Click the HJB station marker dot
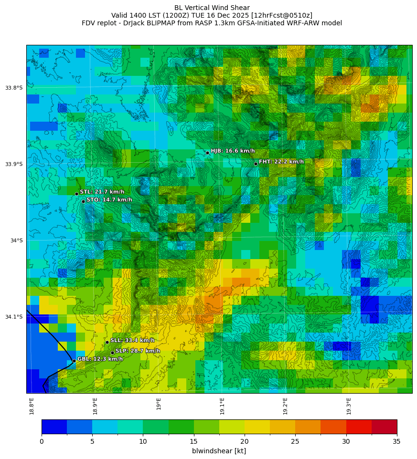tap(207, 153)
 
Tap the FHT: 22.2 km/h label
tap(281, 162)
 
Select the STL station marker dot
tap(76, 194)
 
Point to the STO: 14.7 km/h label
tap(109, 200)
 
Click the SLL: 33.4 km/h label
tap(132, 340)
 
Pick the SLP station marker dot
tap(112, 353)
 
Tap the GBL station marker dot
tap(74, 361)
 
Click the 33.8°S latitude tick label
tap(14, 88)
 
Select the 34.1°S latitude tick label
tap(14, 317)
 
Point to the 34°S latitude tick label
tap(16, 240)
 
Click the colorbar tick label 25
tap(295, 441)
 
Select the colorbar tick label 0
tap(42, 441)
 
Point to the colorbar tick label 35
tap(397, 441)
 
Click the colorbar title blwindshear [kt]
tap(219, 451)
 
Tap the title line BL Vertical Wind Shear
tap(212, 8)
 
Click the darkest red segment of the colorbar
tap(384, 427)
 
